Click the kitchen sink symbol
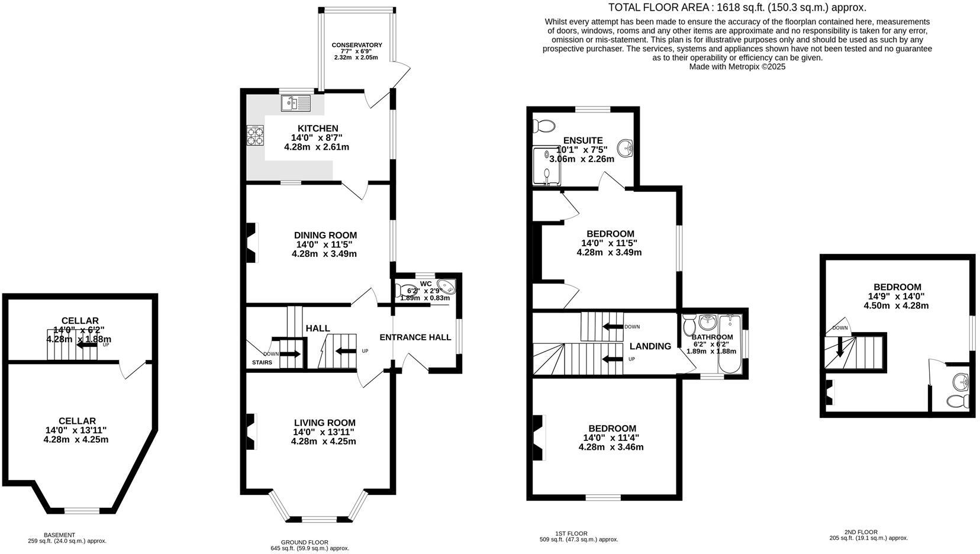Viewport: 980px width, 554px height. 295,103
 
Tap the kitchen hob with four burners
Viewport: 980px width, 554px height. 255,137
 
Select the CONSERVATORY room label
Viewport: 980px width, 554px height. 356,45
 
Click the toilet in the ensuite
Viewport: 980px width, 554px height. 544,125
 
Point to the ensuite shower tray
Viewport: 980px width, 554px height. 546,165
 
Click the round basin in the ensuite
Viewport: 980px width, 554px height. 626,146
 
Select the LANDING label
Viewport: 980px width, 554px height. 650,346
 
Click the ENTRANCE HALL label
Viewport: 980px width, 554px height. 415,337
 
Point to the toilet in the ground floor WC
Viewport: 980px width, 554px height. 408,290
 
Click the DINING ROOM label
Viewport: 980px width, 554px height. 325,235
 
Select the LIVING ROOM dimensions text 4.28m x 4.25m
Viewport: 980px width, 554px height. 323,441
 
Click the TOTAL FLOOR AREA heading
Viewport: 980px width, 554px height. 737,8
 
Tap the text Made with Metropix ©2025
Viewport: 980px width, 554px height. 737,67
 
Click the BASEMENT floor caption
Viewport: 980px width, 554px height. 59,534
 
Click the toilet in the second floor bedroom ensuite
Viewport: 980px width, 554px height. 956,401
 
